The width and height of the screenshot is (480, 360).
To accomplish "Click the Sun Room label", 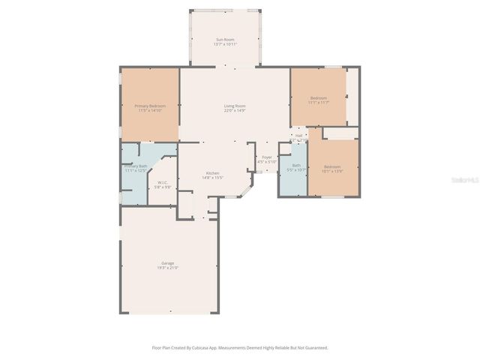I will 226,39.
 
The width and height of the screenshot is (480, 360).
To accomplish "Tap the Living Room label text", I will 235,106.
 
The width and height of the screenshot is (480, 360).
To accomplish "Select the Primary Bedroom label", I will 150,106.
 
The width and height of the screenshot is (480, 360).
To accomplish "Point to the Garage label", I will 167,263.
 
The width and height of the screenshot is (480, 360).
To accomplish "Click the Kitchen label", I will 213,174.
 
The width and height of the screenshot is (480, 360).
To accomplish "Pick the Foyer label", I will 267,157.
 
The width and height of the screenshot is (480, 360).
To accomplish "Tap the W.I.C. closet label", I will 163,182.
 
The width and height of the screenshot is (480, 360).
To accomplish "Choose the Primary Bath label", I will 136,166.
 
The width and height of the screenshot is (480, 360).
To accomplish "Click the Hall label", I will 298,136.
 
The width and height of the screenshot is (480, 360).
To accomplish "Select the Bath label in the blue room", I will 296,166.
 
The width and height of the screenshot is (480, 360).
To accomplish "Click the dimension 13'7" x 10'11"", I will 226,44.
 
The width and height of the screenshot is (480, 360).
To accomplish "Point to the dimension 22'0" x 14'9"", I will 235,111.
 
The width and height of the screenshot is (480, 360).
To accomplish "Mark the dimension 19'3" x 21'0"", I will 167,268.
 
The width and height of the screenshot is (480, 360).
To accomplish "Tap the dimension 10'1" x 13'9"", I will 331,171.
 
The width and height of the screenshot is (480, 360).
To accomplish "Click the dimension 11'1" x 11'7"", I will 319,103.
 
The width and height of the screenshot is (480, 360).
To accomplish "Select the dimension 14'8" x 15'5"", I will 213,178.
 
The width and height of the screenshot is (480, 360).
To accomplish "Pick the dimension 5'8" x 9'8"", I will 163,187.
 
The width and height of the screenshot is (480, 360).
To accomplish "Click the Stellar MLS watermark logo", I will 467,180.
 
